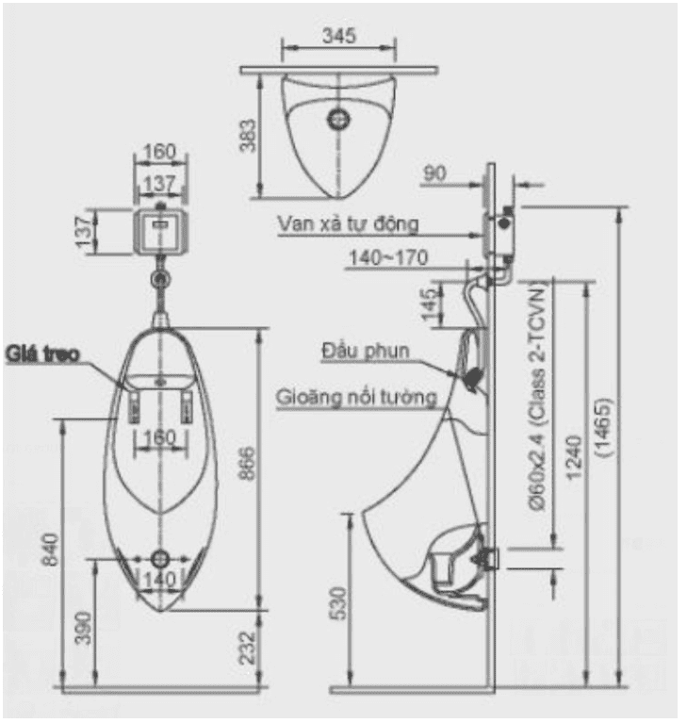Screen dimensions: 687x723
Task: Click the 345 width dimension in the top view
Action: (x=339, y=35)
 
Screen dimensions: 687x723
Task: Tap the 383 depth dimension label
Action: (x=247, y=135)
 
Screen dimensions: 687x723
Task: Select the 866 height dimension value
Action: (x=247, y=464)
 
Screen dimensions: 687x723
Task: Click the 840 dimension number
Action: (x=51, y=549)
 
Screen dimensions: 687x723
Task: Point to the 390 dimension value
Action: (x=84, y=628)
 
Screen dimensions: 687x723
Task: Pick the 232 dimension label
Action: (x=247, y=648)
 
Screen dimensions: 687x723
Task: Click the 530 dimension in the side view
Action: (x=339, y=603)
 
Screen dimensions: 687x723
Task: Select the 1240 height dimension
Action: (x=574, y=458)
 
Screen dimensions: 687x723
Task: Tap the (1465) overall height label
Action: (x=603, y=427)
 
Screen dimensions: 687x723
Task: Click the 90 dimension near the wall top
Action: (x=434, y=173)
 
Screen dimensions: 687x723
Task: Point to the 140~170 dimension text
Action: (x=388, y=257)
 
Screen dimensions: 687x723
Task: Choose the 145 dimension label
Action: (x=430, y=304)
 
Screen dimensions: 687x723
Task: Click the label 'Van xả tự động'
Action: (x=348, y=224)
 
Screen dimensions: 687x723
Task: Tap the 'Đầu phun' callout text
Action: (x=365, y=351)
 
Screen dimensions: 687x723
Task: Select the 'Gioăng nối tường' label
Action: (x=356, y=397)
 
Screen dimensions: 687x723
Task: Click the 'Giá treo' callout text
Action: (x=42, y=353)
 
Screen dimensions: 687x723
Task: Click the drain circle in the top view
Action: (x=338, y=119)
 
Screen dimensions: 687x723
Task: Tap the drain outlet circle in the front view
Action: (x=160, y=559)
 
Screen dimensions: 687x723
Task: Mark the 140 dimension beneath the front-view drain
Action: (x=160, y=580)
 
